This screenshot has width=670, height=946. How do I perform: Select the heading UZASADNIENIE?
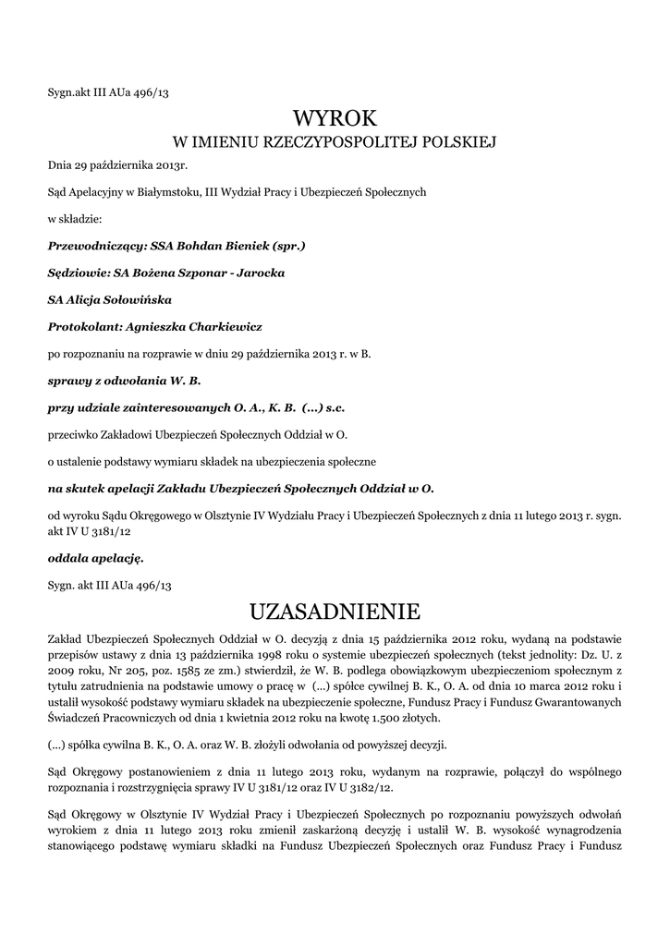tap(335, 611)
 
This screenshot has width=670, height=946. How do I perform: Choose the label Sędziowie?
tap(77, 273)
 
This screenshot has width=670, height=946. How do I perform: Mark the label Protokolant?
tap(82, 327)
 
